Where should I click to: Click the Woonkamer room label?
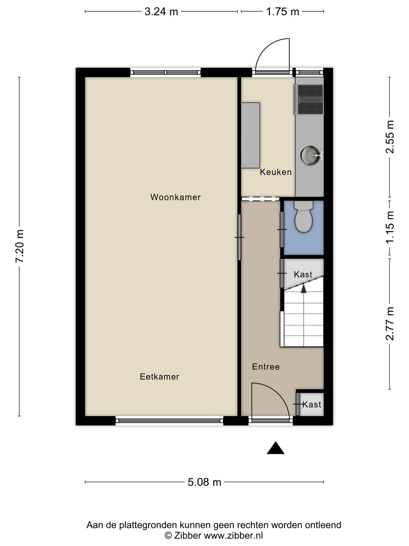(175, 197)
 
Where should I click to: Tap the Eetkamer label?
(159, 377)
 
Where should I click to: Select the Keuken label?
(276, 172)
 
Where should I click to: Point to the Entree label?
(266, 367)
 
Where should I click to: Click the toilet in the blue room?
(304, 216)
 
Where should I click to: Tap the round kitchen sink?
(311, 155)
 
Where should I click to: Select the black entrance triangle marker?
(276, 448)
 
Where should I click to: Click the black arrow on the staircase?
(304, 288)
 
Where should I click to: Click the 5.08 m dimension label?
(204, 482)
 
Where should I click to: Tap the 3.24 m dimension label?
(161, 12)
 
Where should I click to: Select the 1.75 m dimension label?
(283, 12)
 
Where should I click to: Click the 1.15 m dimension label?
(390, 227)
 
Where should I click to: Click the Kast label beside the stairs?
(303, 274)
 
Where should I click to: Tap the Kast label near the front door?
(312, 404)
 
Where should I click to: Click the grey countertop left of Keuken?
(250, 135)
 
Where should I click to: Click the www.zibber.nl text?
(233, 535)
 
